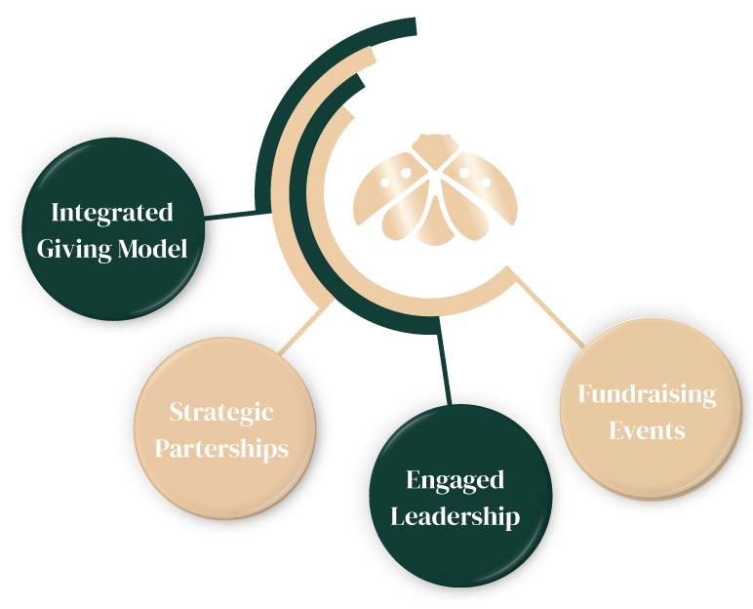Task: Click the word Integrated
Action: pyautogui.click(x=111, y=214)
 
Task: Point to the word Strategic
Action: pyautogui.click(x=221, y=412)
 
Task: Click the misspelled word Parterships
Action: pyautogui.click(x=221, y=448)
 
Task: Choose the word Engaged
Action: pyautogui.click(x=455, y=480)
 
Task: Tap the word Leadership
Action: pyautogui.click(x=455, y=515)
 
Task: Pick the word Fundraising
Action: pyautogui.click(x=647, y=394)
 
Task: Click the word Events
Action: pyautogui.click(x=647, y=429)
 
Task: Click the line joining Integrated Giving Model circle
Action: pyautogui.click(x=232, y=214)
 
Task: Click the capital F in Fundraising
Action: pyautogui.click(x=585, y=394)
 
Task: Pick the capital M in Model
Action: pyautogui.click(x=126, y=249)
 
